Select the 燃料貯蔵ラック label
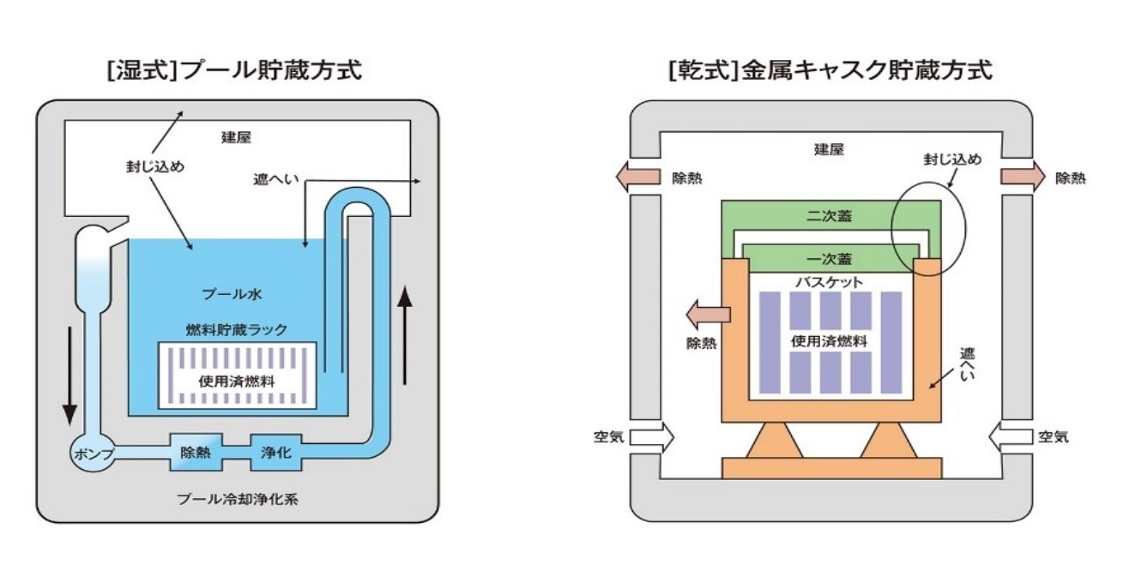tap(236, 328)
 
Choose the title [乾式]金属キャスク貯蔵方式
tap(830, 69)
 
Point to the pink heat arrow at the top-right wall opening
tap(1022, 178)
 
